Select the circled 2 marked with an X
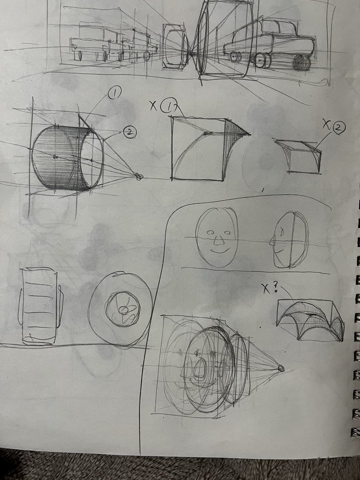[x=338, y=128]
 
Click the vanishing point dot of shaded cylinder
[x=138, y=176]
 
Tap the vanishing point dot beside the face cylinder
[x=281, y=368]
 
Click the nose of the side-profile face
[x=272, y=241]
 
